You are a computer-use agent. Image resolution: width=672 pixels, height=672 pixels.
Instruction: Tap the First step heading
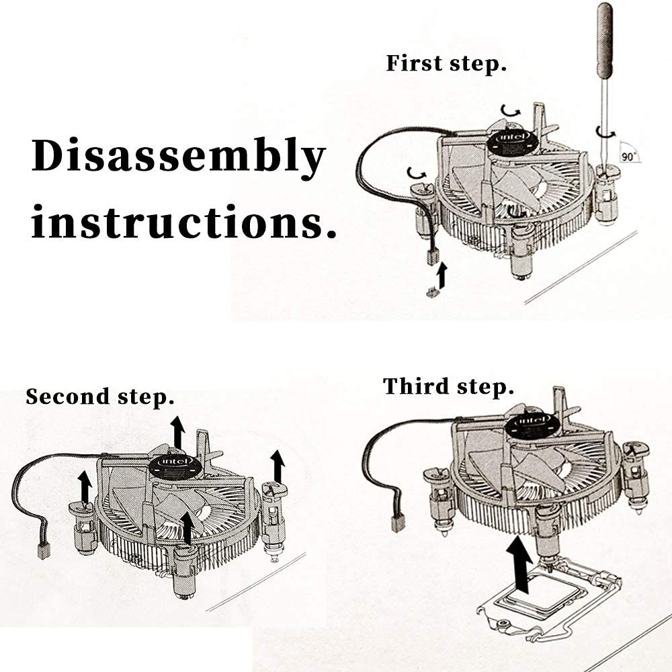[446, 65]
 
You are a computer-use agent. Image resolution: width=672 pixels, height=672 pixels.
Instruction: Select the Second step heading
[100, 396]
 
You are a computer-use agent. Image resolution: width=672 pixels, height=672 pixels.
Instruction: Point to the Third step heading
[448, 387]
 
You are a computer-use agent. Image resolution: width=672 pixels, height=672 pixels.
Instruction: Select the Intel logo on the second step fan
[172, 465]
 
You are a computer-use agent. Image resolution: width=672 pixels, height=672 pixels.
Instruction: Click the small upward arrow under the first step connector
[442, 274]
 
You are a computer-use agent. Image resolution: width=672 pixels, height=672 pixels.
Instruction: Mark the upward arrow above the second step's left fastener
[85, 485]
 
